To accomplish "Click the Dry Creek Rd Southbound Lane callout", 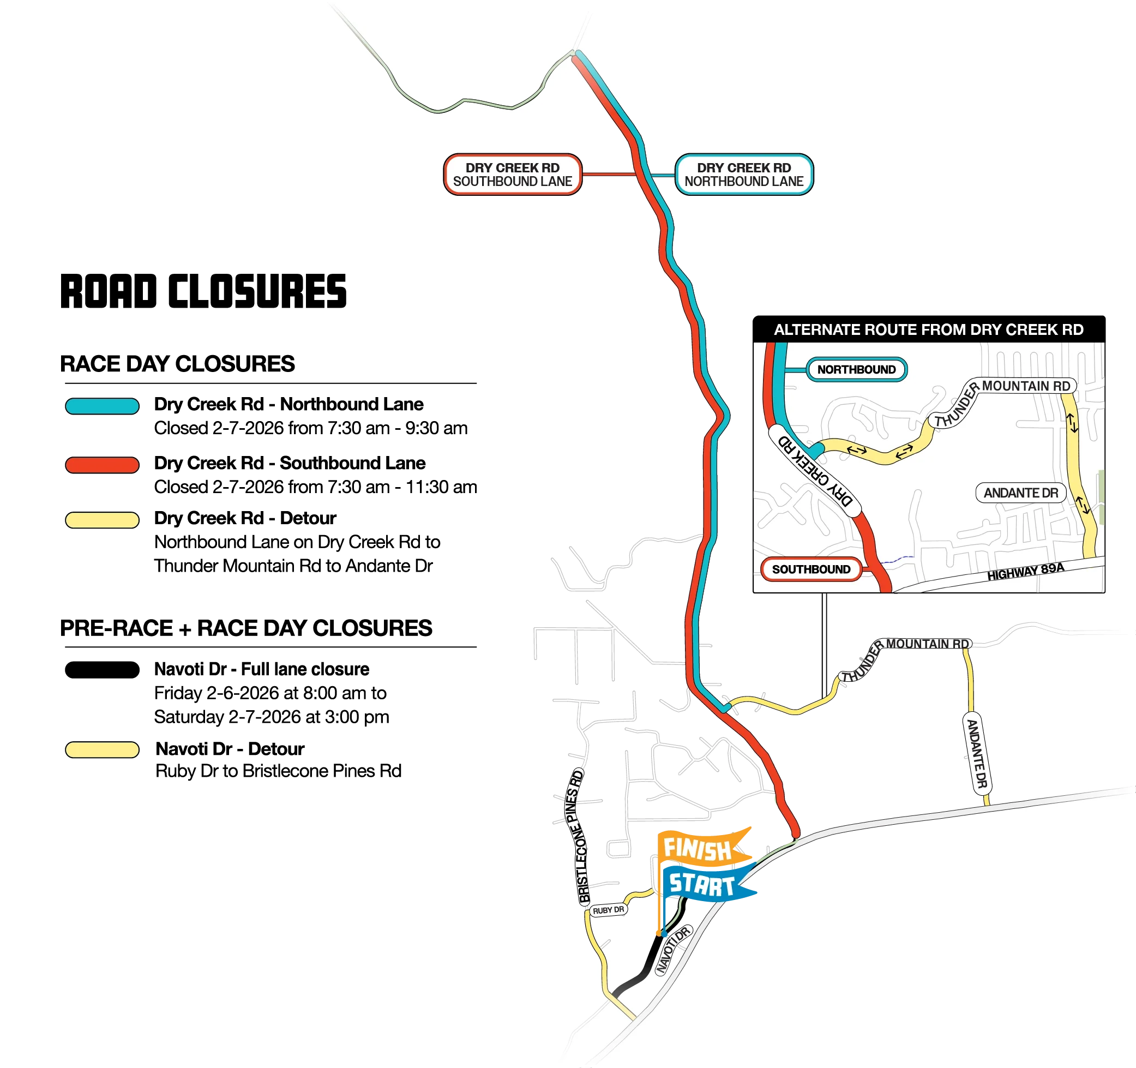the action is (x=512, y=175).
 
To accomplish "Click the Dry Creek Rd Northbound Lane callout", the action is (x=744, y=175).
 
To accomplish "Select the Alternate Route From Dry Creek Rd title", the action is (x=928, y=329).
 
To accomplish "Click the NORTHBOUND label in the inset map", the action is (x=856, y=370).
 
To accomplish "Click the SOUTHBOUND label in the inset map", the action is (x=811, y=569).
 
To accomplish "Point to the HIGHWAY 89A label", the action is (x=1026, y=572).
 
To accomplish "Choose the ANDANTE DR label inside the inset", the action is (x=1020, y=493).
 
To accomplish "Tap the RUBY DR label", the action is (x=608, y=910).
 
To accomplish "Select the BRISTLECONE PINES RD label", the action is (x=578, y=837).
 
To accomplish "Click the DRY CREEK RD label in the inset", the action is (x=816, y=471).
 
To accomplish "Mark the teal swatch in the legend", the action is (x=102, y=406).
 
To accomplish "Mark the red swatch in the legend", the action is (x=102, y=465).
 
